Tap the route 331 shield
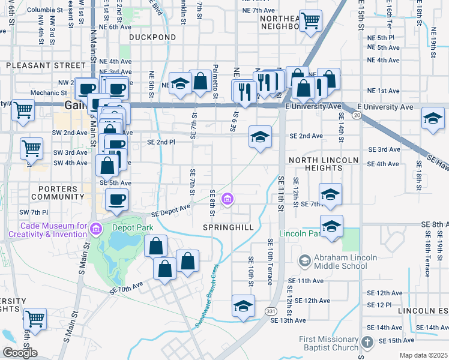(x=271, y=310)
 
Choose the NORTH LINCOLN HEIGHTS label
(x=324, y=164)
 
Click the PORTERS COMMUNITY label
(x=54, y=193)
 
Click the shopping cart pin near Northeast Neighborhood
(x=310, y=22)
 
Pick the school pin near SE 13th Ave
(x=243, y=305)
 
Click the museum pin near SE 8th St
(x=228, y=199)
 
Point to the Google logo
(x=20, y=353)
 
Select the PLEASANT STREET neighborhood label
(x=46, y=65)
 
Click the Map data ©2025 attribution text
(x=423, y=355)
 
